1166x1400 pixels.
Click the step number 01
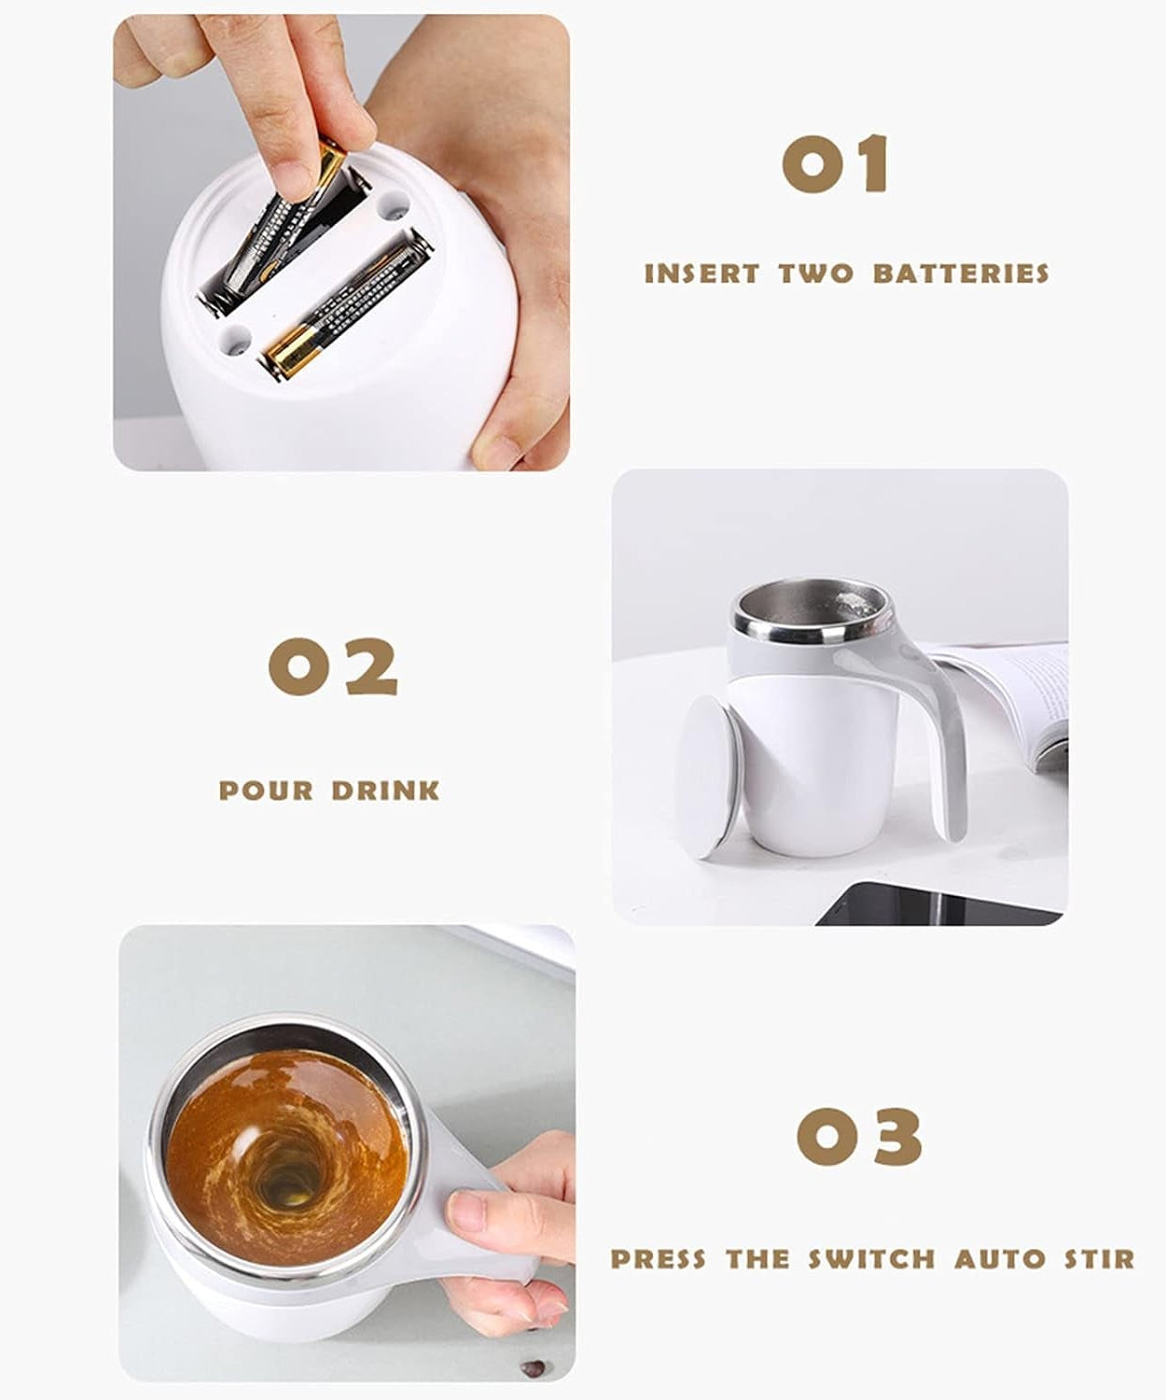tap(835, 164)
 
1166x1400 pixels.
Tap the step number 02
tap(333, 666)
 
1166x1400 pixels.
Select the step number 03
tap(859, 1136)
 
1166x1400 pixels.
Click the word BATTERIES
tap(962, 273)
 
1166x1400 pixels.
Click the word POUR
tap(266, 791)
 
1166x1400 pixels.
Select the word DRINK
tap(385, 791)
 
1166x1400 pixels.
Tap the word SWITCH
tap(871, 1259)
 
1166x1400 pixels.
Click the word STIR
tap(1100, 1259)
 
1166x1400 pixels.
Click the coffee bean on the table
tap(533, 1368)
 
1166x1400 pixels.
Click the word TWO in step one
tap(816, 273)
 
